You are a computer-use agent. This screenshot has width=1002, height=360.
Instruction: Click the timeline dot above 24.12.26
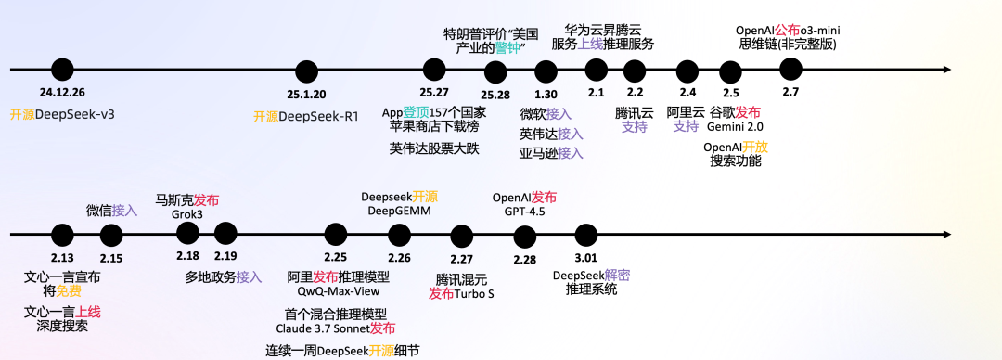click(62, 69)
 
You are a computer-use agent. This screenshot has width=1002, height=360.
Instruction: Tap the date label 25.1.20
click(306, 94)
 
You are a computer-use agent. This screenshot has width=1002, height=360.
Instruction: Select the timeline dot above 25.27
click(434, 69)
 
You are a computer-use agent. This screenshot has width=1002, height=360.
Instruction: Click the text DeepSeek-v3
click(74, 115)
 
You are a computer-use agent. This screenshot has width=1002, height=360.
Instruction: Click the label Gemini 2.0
click(734, 126)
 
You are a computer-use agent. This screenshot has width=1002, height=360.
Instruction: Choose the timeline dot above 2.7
click(790, 69)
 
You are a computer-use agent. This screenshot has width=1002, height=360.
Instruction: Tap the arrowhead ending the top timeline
click(945, 70)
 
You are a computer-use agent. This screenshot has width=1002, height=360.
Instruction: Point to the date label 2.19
click(225, 256)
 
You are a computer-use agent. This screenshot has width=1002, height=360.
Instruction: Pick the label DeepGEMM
click(399, 212)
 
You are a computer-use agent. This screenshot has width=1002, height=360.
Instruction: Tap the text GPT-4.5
click(524, 212)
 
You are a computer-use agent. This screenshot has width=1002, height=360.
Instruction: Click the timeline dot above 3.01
click(585, 234)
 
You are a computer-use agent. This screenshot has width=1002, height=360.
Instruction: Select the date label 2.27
click(461, 259)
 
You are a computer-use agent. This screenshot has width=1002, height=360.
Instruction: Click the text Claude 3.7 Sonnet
click(322, 328)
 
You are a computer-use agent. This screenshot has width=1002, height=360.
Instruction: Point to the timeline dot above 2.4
click(687, 71)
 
